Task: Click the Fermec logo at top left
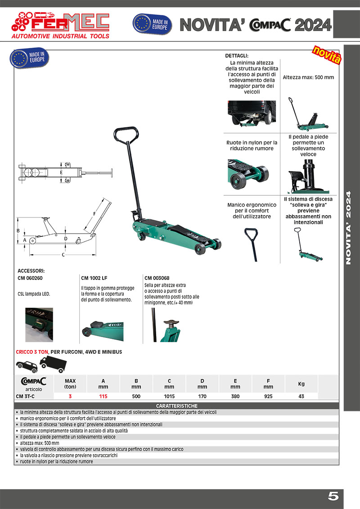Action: pyautogui.click(x=60, y=25)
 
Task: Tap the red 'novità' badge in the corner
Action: pyautogui.click(x=327, y=54)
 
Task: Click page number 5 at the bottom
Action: pyautogui.click(x=333, y=497)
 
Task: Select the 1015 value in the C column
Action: pyautogui.click(x=169, y=396)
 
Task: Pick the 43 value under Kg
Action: pyautogui.click(x=301, y=396)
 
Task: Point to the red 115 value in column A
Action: pyautogui.click(x=103, y=396)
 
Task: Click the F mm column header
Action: pyautogui.click(x=269, y=383)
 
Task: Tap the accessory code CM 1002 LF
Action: pyautogui.click(x=94, y=278)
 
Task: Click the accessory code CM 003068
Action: pyautogui.click(x=157, y=278)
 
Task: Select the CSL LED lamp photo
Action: pyautogui.click(x=39, y=325)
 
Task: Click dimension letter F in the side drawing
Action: pyautogui.click(x=94, y=213)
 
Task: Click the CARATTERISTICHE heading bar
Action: pyautogui.click(x=176, y=406)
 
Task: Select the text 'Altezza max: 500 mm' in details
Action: pyautogui.click(x=308, y=77)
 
